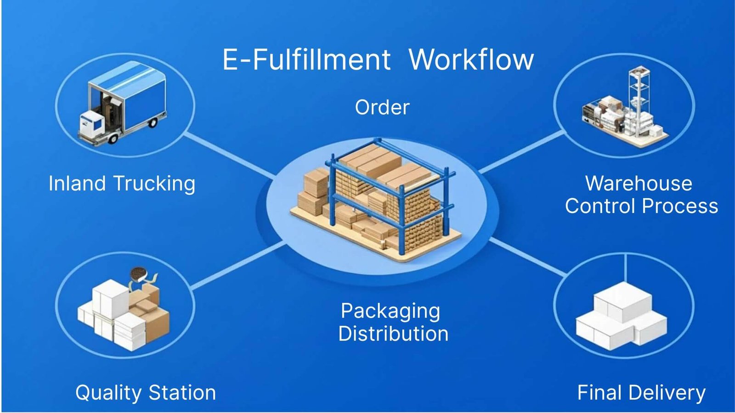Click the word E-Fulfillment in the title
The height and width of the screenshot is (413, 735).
pos(306,60)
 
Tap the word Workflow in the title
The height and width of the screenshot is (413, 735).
pos(471,60)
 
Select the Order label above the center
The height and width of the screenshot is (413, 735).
pos(382,107)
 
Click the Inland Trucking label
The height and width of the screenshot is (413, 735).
pos(122,184)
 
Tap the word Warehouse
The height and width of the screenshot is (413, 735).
pos(639,184)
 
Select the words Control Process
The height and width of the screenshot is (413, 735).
pos(641,206)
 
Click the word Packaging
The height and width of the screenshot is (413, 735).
pos(390,312)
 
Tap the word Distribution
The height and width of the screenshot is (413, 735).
pos(393,334)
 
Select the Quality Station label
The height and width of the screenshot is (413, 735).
pos(146,393)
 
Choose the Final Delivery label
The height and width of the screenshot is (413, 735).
pos(641,393)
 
